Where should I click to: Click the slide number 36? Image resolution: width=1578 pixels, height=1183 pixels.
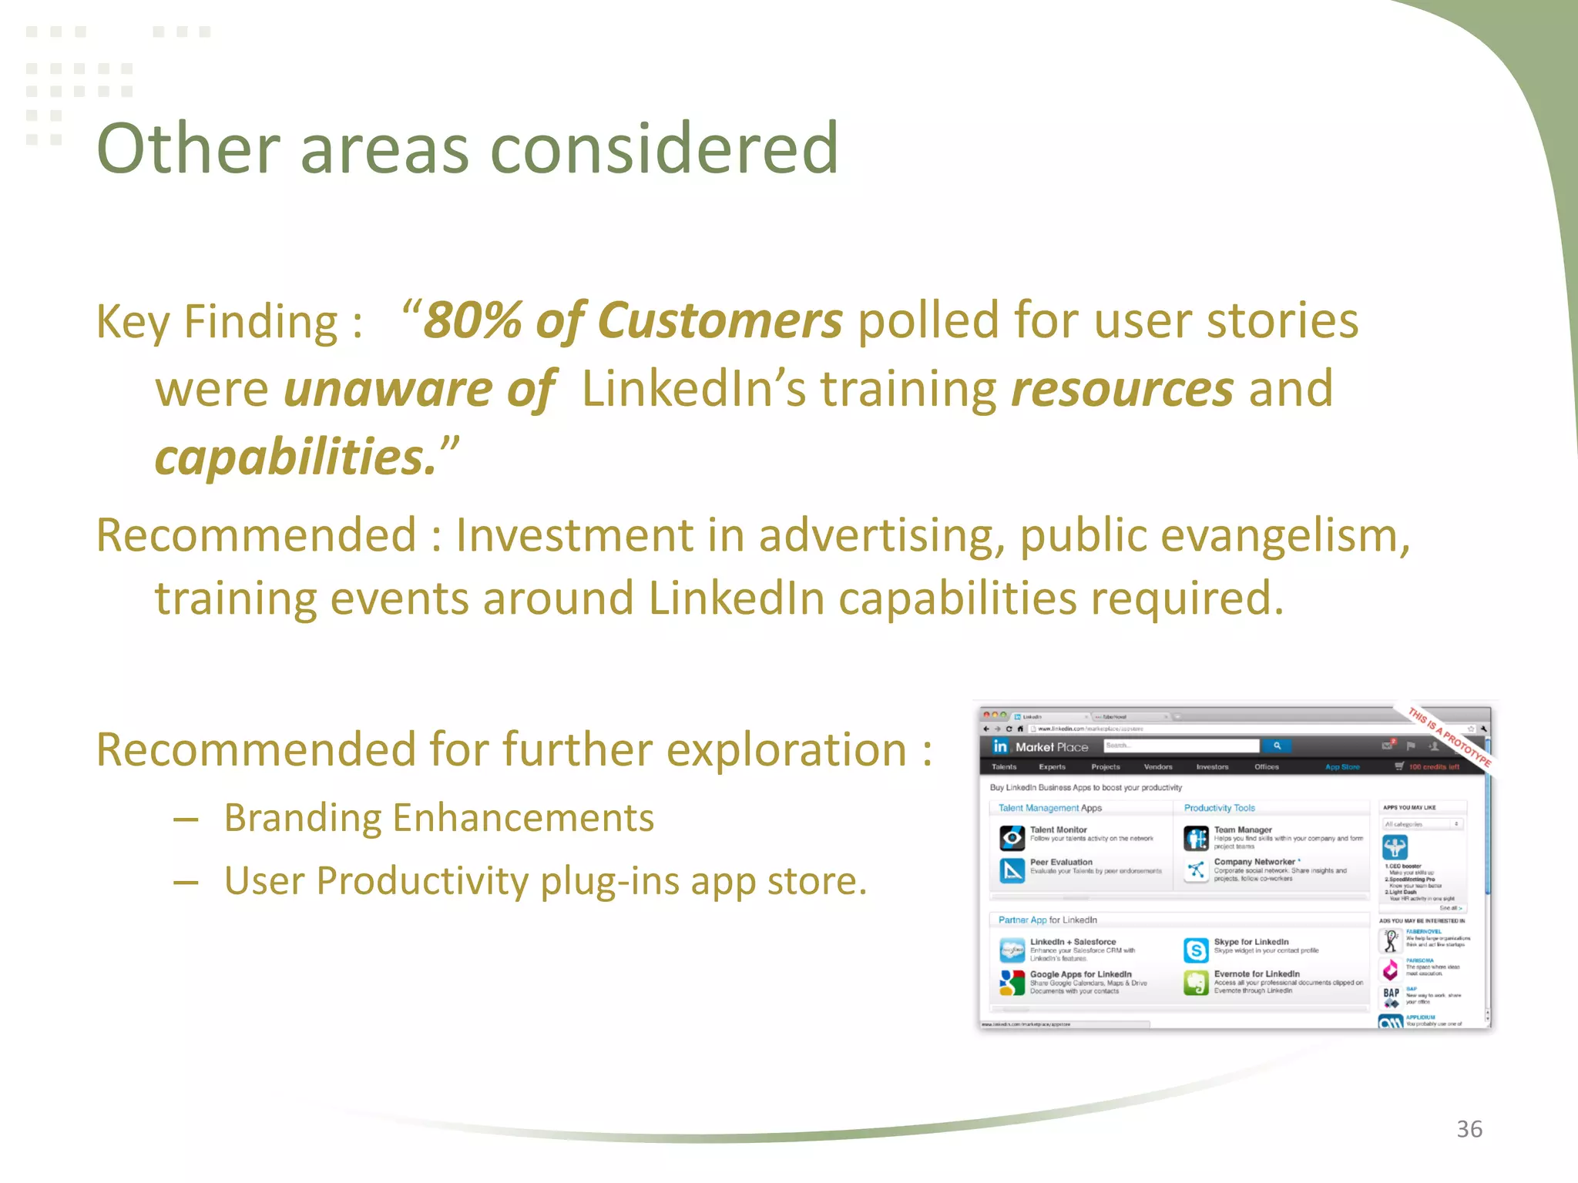point(1469,1129)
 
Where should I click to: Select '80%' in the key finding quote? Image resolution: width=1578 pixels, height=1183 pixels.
point(472,320)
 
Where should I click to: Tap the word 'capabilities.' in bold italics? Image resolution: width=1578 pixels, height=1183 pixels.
point(296,457)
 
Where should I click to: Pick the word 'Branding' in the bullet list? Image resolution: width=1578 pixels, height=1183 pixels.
point(307,818)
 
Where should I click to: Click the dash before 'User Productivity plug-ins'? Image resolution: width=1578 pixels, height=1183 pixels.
point(186,882)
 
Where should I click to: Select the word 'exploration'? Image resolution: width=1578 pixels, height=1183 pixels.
point(786,750)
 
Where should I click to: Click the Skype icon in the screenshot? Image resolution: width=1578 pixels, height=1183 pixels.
point(1196,950)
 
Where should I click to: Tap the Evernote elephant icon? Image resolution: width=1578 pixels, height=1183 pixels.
point(1196,983)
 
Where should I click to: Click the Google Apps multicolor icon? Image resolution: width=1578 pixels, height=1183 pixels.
point(1012,983)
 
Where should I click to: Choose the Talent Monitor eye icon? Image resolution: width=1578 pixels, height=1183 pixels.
point(1012,837)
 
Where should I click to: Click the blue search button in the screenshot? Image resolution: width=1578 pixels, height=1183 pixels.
point(1277,746)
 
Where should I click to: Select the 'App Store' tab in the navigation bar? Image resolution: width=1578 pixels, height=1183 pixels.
point(1342,767)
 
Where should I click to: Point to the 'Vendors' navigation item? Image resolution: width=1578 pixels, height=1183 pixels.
point(1158,767)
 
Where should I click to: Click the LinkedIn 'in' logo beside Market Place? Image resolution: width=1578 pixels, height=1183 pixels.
point(999,746)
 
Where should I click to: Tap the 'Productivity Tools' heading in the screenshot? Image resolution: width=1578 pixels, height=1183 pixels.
point(1219,808)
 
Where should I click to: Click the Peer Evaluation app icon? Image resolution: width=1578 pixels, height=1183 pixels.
point(1012,870)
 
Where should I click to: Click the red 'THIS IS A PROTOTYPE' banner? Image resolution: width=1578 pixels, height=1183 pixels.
point(1449,736)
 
